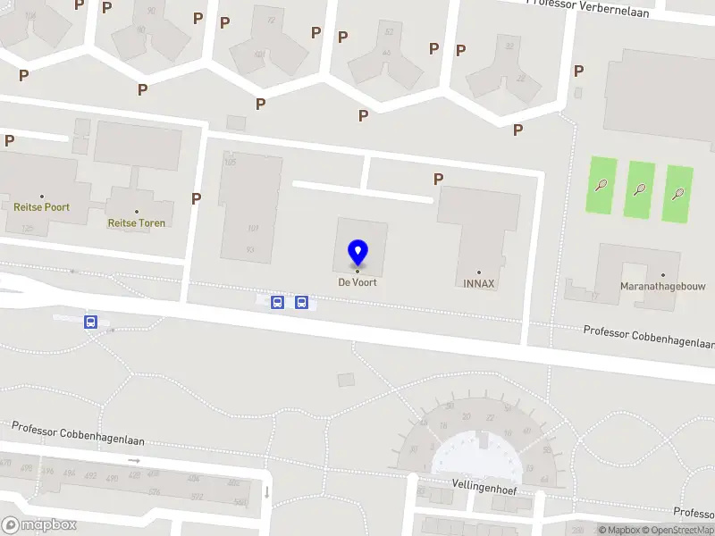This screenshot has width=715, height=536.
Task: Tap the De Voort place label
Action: click(357, 282)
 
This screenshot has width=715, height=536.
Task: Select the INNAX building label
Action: click(479, 283)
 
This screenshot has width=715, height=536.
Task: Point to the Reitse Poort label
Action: click(41, 207)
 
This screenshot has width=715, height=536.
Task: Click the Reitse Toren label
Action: click(136, 222)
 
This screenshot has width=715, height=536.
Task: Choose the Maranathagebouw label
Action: click(662, 287)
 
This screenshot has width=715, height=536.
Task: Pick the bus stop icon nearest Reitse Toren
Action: click(90, 322)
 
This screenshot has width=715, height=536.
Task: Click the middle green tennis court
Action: click(639, 189)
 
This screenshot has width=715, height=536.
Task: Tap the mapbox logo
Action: click(39, 525)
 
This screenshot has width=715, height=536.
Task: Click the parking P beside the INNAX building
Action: click(438, 180)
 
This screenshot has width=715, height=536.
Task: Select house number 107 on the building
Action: click(252, 229)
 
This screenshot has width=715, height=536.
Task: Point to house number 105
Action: click(230, 162)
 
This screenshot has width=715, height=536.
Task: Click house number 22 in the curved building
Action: click(490, 417)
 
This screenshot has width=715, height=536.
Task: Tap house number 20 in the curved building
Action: click(466, 416)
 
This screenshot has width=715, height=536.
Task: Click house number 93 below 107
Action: click(249, 249)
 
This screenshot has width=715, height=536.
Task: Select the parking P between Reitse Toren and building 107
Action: click(196, 198)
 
